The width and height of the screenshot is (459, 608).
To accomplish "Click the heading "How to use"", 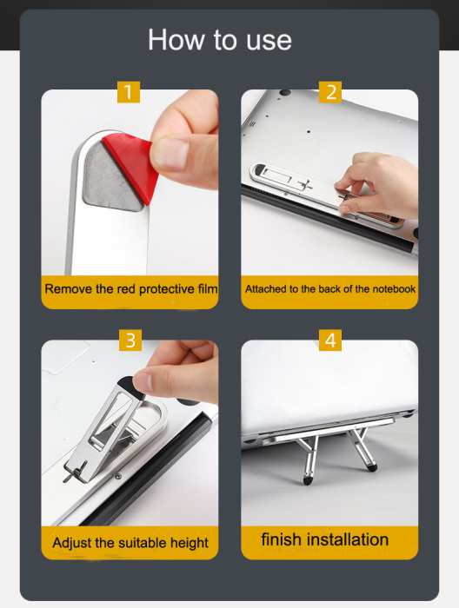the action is [220, 40].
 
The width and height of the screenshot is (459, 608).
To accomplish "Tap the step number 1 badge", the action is [129, 92].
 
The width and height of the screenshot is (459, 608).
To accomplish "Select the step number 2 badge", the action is [330, 92].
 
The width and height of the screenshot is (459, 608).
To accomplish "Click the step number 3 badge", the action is [130, 340].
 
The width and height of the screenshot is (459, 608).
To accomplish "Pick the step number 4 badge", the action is [330, 340].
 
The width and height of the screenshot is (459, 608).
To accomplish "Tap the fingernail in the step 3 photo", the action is [143, 381].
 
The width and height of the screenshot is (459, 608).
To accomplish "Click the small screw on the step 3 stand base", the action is [118, 476].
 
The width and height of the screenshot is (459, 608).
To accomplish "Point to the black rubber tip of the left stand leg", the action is [308, 481].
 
